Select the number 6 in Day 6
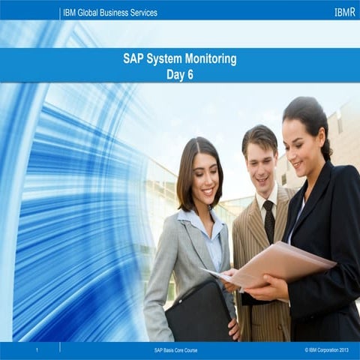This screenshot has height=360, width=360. (x=190, y=74)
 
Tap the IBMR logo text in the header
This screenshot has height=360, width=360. (x=344, y=13)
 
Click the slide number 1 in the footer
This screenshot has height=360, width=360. (x=37, y=350)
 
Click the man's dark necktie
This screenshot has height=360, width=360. (x=268, y=221)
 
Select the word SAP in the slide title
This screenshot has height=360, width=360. (x=133, y=58)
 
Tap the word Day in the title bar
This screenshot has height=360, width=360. (x=175, y=74)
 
